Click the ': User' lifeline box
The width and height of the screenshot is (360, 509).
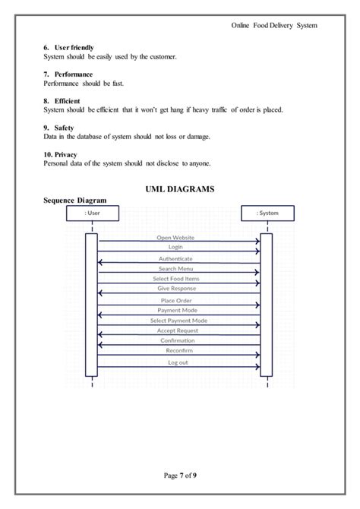[93, 213]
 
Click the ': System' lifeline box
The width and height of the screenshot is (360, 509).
[267, 213]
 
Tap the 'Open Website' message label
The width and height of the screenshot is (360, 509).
[175, 238]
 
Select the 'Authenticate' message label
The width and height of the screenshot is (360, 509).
[175, 259]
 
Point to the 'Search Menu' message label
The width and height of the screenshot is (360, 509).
[175, 269]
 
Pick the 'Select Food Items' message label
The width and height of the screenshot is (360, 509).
[175, 279]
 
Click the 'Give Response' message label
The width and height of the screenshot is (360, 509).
[176, 289]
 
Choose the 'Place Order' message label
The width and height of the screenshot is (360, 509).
[175, 301]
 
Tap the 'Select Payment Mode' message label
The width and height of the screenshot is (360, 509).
[179, 321]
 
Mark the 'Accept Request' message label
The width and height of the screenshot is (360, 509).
[177, 330]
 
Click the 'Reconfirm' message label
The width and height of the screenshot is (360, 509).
[178, 350]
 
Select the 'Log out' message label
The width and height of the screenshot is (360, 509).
[178, 362]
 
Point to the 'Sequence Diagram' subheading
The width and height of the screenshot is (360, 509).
[74, 200]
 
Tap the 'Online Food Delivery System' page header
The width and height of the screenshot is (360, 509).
[274, 25]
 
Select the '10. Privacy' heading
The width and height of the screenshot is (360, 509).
[60, 155]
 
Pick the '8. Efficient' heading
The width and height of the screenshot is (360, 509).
[61, 101]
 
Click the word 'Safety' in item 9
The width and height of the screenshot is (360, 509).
[65, 128]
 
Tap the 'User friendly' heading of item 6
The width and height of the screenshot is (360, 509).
[74, 48]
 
